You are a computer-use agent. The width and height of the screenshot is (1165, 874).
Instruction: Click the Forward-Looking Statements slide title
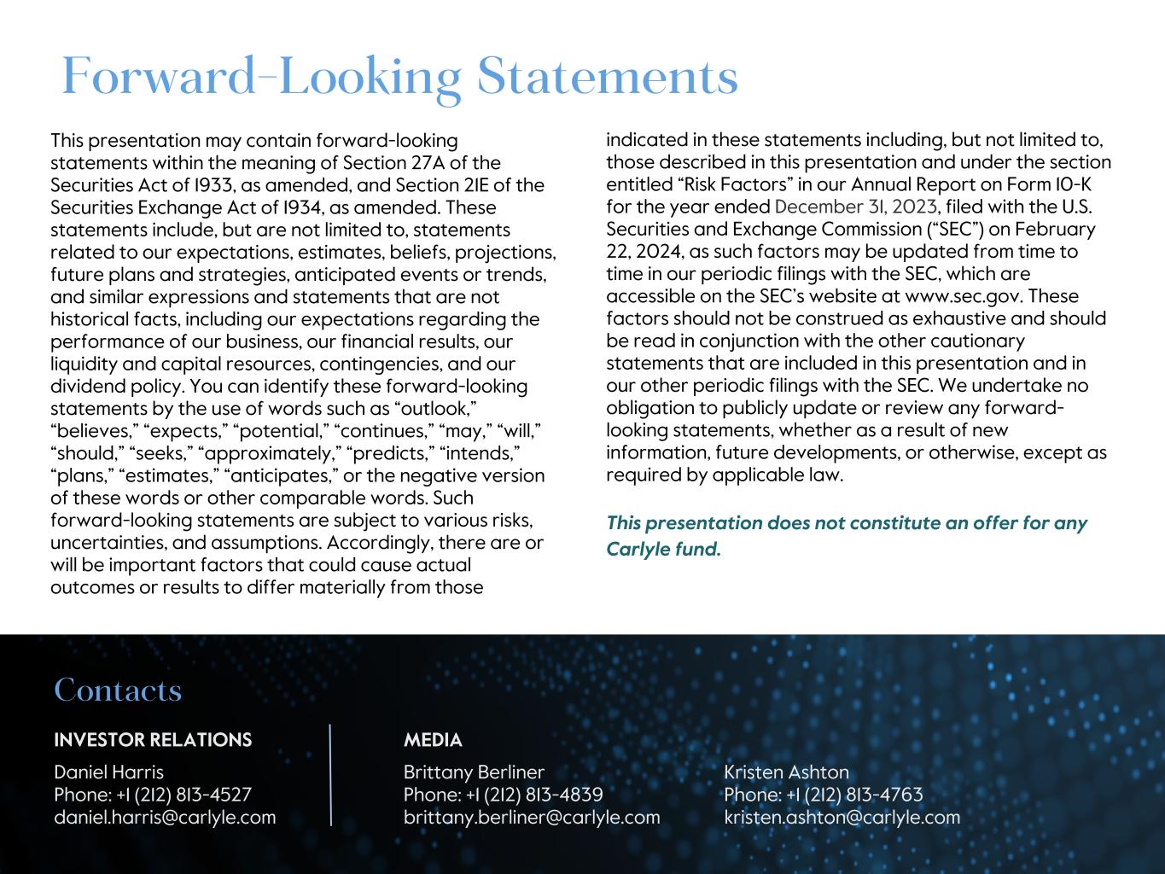(x=399, y=76)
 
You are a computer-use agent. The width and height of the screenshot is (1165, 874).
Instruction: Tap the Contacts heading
(x=118, y=690)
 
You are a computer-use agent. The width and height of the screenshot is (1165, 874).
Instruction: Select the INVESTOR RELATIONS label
(x=153, y=740)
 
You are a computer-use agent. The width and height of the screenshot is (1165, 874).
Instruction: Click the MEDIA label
(x=433, y=740)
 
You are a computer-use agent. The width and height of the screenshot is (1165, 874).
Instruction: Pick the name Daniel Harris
(x=108, y=772)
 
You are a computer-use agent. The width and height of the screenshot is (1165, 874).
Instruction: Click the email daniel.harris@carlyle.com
(x=165, y=817)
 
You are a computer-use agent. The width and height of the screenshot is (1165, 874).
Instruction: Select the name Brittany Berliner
(x=474, y=772)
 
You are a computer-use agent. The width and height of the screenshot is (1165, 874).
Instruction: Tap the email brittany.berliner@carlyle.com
(x=532, y=817)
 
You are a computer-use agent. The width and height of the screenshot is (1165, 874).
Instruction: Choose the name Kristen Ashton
(x=786, y=772)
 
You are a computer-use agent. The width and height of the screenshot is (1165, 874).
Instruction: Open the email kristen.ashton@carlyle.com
(x=842, y=817)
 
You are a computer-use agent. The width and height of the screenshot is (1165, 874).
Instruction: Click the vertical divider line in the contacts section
(x=330, y=775)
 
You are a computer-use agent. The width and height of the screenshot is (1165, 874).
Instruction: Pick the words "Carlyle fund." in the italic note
(x=663, y=549)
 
